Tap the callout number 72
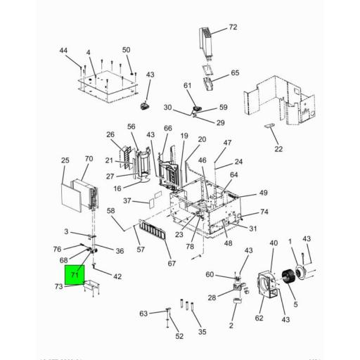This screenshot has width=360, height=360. (x=233, y=27)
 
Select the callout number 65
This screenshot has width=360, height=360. (x=235, y=73)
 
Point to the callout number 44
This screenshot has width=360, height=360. (x=63, y=51)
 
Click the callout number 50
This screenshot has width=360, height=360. (x=127, y=50)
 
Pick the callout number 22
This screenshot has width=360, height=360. (x=278, y=148)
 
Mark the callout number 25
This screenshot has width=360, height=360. (x=65, y=161)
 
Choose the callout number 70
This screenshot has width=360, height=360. (x=89, y=160)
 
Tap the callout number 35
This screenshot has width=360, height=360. (x=202, y=331)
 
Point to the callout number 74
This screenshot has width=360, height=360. (x=264, y=212)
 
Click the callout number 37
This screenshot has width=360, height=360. (x=127, y=200)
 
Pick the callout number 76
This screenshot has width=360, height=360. (x=57, y=248)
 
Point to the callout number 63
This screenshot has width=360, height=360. (x=143, y=313)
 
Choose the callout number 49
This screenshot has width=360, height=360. (x=263, y=193)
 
